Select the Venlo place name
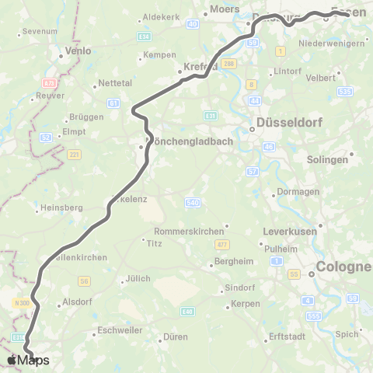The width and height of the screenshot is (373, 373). coord(78,51)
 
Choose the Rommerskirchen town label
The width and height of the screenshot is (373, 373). coord(189,230)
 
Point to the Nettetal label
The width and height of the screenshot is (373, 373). coord(113,85)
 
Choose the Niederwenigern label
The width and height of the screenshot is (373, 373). coord(332,44)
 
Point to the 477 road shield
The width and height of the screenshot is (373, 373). coord(221,244)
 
